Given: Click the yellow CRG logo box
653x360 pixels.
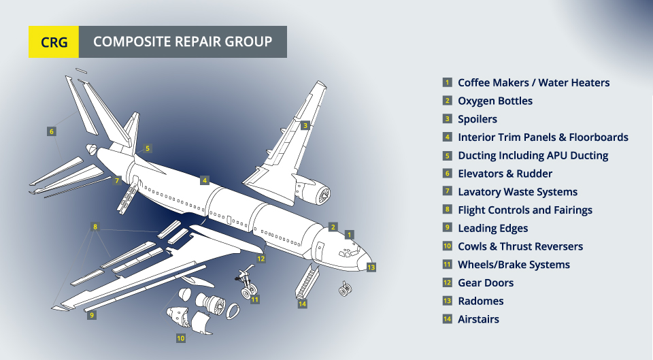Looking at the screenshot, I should click(x=54, y=42).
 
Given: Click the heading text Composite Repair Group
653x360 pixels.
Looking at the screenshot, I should click(x=182, y=42).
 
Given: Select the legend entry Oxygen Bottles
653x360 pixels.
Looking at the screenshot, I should click(x=495, y=101).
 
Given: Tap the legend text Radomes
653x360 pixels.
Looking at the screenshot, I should click(x=480, y=301).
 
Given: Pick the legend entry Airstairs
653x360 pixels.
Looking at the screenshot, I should click(x=478, y=319).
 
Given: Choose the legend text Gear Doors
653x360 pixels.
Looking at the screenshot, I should click(x=485, y=282).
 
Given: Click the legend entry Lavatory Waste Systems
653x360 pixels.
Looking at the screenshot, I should click(x=517, y=192).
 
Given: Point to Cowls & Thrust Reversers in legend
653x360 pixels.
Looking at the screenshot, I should click(x=520, y=246).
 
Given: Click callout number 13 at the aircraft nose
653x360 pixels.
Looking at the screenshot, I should click(x=371, y=267).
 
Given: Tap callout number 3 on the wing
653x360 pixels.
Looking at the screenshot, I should click(x=305, y=125).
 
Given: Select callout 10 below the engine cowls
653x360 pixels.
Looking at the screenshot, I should click(x=181, y=338).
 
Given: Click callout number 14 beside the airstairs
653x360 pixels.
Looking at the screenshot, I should click(x=303, y=304).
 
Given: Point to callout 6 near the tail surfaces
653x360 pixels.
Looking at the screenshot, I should click(x=51, y=131).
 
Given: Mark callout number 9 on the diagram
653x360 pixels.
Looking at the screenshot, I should click(x=92, y=315).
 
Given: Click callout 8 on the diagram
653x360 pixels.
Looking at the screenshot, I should click(x=95, y=227).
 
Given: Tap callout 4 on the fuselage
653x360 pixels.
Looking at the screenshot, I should click(x=204, y=180).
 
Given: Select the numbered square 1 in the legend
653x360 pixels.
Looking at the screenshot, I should click(x=447, y=82).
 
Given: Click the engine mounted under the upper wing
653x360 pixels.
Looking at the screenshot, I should click(x=318, y=195).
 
